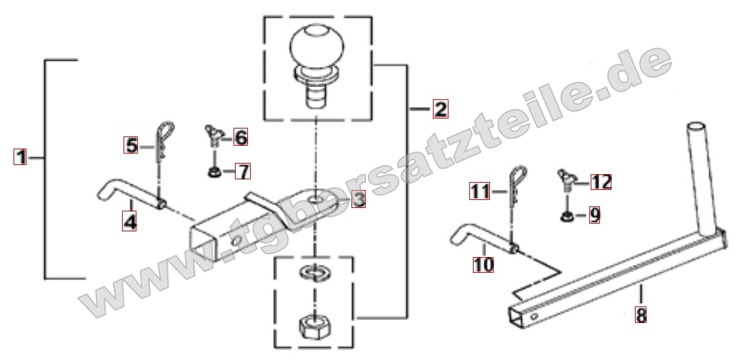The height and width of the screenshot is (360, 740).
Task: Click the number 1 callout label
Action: (x=20, y=156)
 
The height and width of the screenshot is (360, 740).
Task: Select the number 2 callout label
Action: (x=440, y=109)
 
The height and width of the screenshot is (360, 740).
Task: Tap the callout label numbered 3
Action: (x=359, y=199)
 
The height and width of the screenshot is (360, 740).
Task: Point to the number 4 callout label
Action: (x=129, y=221)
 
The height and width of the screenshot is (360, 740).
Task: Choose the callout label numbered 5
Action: (x=131, y=145)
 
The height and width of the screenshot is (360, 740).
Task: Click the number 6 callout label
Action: (x=240, y=137)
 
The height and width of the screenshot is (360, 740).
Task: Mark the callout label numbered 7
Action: (x=243, y=171)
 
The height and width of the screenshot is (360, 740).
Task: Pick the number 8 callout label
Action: (x=641, y=315)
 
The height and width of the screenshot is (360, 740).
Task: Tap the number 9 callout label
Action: (x=594, y=215)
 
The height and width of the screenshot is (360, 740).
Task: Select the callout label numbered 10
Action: (x=484, y=264)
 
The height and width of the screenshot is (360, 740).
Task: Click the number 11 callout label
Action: (x=479, y=191)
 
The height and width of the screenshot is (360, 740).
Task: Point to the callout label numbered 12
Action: (x=601, y=181)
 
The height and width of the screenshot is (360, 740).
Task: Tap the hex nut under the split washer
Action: (x=315, y=326)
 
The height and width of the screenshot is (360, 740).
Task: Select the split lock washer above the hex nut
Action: (x=315, y=272)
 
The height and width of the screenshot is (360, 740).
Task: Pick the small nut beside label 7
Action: (x=215, y=171)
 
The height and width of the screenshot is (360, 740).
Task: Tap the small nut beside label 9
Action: (x=567, y=216)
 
